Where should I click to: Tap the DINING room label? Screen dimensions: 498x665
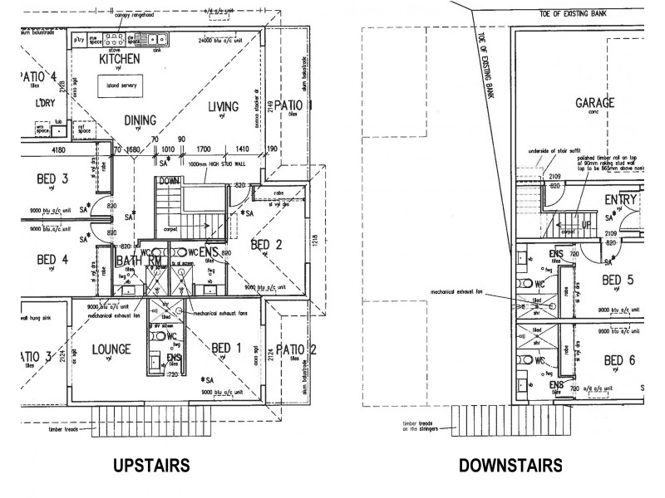[x=140, y=120]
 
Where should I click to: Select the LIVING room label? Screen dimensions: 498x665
[x=223, y=106]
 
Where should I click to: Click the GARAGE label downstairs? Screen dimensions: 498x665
[x=595, y=104]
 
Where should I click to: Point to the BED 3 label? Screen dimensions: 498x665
[x=52, y=178]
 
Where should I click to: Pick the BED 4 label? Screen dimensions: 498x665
[x=52, y=259]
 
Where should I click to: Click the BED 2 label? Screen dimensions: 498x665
[x=267, y=244]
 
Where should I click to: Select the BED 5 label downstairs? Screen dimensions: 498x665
[x=618, y=280]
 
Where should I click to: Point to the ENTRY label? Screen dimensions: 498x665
[x=621, y=200]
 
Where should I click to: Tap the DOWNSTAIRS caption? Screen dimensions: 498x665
[x=510, y=466]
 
